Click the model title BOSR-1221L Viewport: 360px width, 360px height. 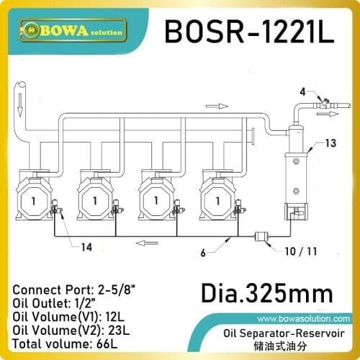click(x=249, y=32)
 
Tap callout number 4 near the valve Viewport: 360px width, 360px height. click(x=303, y=91)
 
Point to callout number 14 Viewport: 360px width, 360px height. click(x=86, y=248)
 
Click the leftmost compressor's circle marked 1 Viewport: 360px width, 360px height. click(x=36, y=199)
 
